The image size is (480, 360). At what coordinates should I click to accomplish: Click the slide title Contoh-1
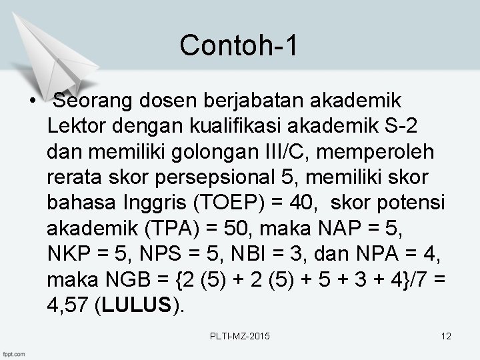coord(239,45)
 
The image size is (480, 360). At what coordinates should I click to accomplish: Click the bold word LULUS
coord(137,305)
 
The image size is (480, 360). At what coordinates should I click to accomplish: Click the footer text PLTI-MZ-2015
coord(239,337)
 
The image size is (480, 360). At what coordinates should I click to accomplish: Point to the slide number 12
coord(446,337)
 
